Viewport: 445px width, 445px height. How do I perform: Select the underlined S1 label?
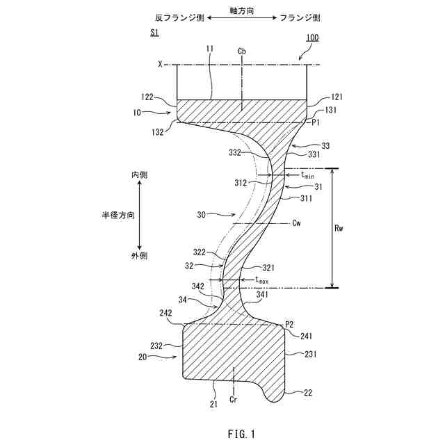click(154, 33)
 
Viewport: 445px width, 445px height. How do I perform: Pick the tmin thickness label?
click(307, 175)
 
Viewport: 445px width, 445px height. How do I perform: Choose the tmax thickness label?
click(261, 280)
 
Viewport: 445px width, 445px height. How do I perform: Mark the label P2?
click(289, 324)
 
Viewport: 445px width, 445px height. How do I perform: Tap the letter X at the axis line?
click(160, 65)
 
